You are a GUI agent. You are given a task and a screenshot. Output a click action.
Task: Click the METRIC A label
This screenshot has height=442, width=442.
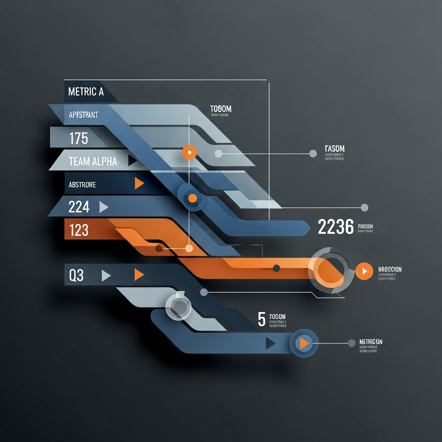click(86, 92)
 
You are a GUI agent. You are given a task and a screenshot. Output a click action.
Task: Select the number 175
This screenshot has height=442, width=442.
click(79, 139)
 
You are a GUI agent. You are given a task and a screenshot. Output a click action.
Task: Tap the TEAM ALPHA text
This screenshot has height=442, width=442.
click(93, 161)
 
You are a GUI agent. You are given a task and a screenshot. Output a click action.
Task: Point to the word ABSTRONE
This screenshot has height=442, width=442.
click(82, 185)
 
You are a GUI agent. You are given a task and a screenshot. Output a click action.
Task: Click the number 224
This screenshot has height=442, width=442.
click(79, 208)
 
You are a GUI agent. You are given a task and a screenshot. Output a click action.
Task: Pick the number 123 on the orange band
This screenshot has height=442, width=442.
click(79, 230)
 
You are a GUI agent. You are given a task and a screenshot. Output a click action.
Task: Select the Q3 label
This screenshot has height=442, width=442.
click(76, 275)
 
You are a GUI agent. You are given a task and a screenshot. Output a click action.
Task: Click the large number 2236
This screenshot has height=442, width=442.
click(335, 227)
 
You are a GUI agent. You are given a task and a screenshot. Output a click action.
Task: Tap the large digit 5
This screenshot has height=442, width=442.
click(262, 319)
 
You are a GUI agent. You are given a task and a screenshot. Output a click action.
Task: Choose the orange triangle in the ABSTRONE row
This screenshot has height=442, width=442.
click(139, 183)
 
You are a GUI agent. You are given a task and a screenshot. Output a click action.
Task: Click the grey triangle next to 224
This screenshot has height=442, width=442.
click(103, 208)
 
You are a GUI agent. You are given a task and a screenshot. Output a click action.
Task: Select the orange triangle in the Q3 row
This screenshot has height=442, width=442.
click(138, 275)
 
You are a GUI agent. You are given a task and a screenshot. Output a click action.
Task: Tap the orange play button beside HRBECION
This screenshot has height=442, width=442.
click(365, 271)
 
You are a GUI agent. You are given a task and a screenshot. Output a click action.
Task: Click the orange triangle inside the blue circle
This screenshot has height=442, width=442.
click(304, 343)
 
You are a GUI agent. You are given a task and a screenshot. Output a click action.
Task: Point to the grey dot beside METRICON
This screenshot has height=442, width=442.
click(351, 343)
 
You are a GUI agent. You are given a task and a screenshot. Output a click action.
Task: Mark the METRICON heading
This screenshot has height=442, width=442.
click(371, 342)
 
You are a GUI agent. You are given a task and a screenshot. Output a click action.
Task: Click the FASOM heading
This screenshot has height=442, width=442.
click(335, 149)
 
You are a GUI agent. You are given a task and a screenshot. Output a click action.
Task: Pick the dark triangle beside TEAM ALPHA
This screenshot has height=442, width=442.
click(132, 161)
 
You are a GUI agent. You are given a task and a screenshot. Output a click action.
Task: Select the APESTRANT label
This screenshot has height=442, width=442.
click(83, 115)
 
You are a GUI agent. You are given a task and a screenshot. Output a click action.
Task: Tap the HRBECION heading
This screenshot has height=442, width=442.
click(390, 269)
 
